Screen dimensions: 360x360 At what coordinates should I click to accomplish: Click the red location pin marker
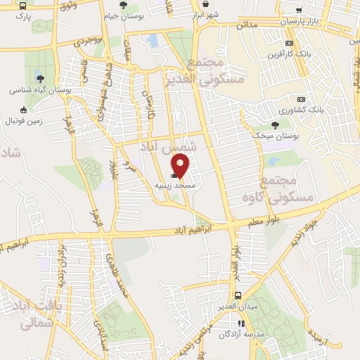pyautogui.click(x=181, y=165)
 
